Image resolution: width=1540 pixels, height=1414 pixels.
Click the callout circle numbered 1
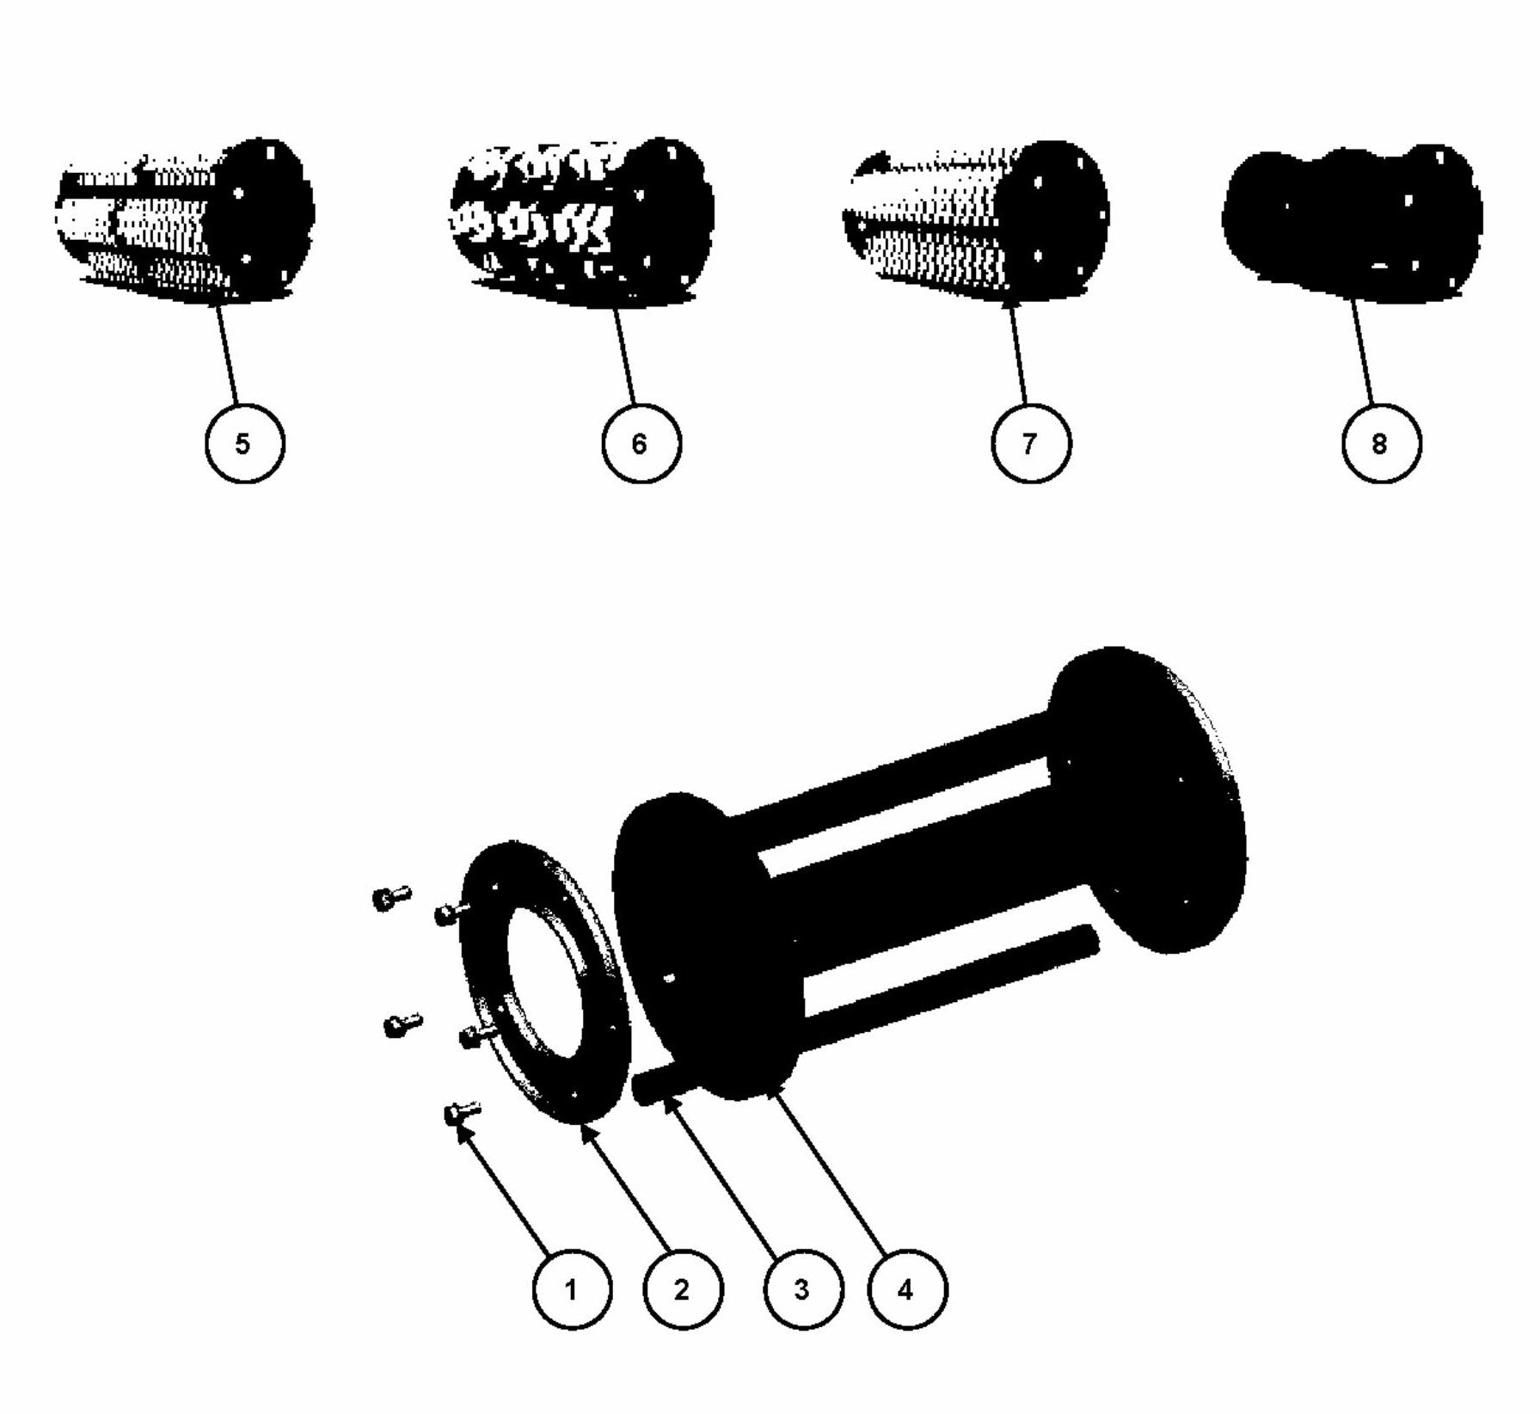tap(572, 1290)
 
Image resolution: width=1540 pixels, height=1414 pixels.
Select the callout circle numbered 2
tap(684, 1290)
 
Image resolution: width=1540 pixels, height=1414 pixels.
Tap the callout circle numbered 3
tap(802, 1290)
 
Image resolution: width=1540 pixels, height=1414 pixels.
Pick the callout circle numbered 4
tap(905, 1290)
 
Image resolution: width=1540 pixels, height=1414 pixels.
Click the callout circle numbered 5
tap(244, 444)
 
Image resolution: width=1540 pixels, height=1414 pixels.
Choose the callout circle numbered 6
tap(640, 444)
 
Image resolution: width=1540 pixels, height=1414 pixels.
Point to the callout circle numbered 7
tap(1030, 444)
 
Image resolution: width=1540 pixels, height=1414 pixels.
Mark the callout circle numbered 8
tap(1380, 444)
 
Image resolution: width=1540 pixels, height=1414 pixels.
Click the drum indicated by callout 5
tap(181, 219)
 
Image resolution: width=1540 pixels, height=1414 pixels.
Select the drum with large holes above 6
tap(576, 219)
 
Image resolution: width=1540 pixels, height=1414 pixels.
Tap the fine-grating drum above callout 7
tap(972, 219)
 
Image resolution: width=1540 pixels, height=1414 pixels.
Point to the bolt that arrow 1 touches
tap(461, 1114)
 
